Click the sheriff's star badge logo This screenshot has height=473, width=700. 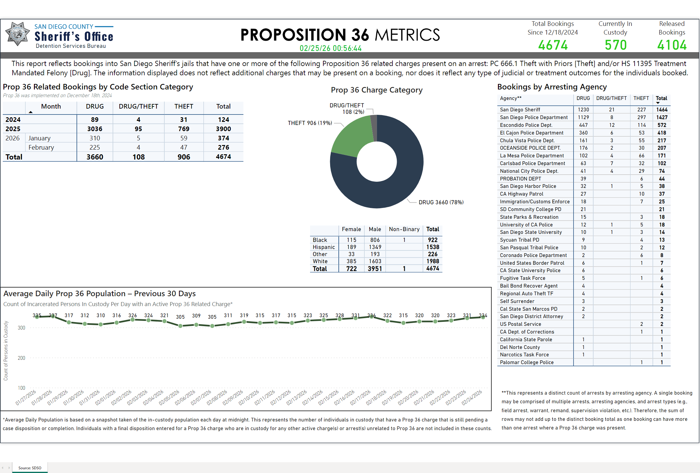[x=17, y=34]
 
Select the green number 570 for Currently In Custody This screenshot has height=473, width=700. [x=615, y=45]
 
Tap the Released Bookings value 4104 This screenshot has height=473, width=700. [x=672, y=45]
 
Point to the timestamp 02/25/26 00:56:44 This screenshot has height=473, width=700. [x=330, y=48]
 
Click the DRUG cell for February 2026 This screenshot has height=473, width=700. [x=95, y=147]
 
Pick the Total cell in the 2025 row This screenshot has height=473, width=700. [x=223, y=129]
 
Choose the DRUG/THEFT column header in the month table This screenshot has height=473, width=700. [x=138, y=106]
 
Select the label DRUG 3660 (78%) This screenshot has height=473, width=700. [x=441, y=202]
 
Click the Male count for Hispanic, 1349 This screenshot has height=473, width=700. [x=375, y=247]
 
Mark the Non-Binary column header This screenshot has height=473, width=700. [x=404, y=229]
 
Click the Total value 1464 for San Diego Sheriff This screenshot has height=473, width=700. [x=662, y=110]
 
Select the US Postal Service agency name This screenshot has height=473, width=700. [x=520, y=324]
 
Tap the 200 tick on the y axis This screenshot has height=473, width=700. [x=22, y=358]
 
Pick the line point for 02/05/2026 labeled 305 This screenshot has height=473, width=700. [x=180, y=326]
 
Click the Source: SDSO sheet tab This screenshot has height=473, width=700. [x=30, y=468]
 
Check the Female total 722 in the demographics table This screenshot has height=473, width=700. [x=351, y=269]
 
